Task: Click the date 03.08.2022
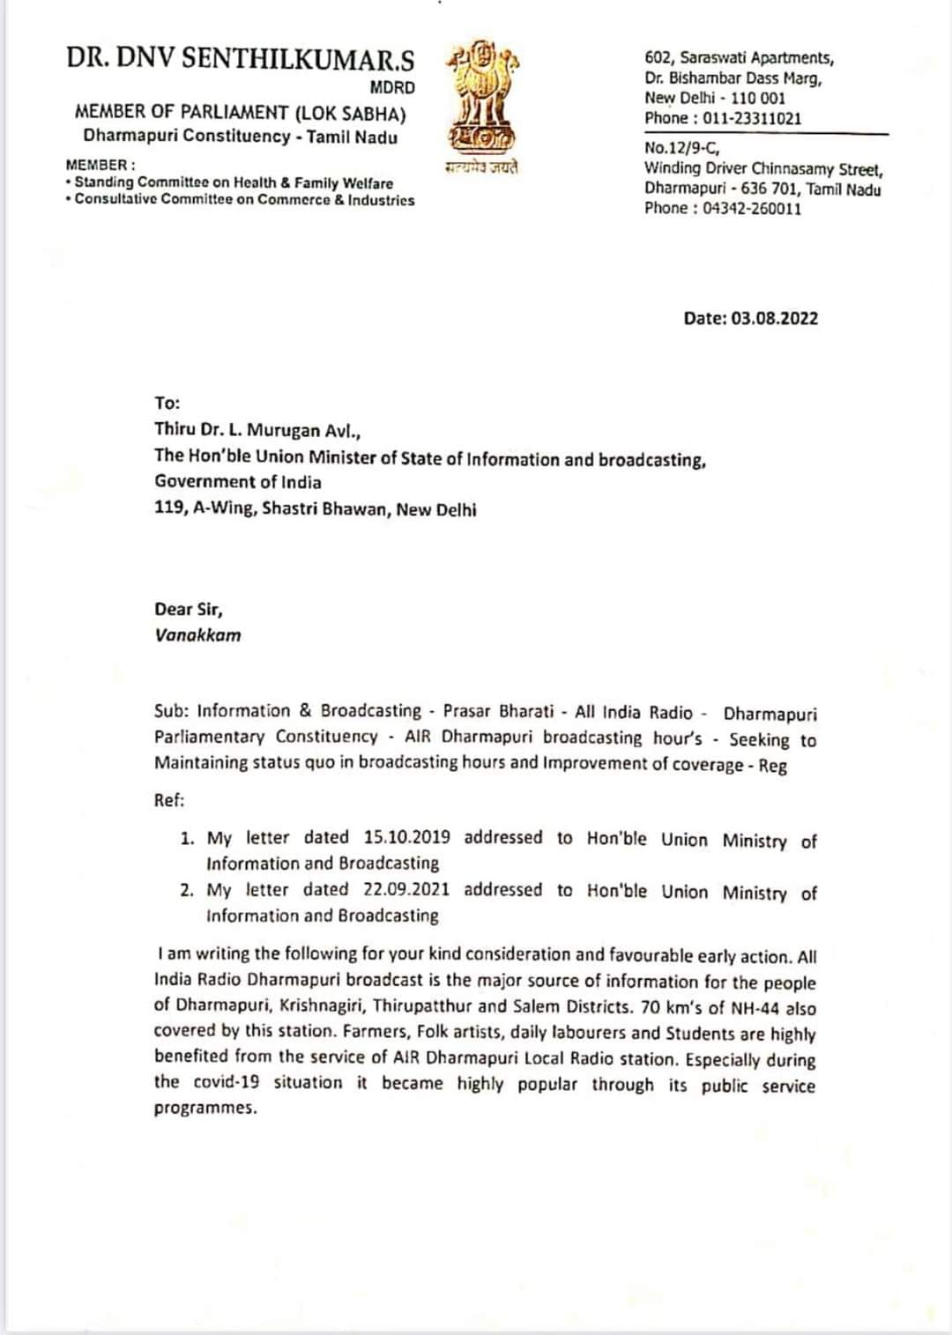click(x=774, y=318)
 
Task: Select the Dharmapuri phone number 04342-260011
click(x=752, y=208)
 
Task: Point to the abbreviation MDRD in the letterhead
click(x=392, y=87)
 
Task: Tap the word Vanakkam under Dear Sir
click(x=197, y=635)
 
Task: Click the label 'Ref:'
click(x=169, y=800)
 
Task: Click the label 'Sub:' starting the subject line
click(x=172, y=710)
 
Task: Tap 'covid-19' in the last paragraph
click(x=227, y=1082)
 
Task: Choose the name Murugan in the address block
click(x=284, y=430)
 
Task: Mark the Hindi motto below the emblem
click(x=481, y=167)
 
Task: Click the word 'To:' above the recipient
click(x=167, y=403)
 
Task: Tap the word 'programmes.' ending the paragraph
click(x=205, y=1108)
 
